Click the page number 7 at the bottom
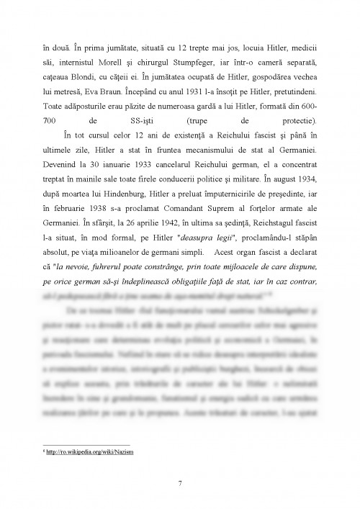[180, 482]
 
